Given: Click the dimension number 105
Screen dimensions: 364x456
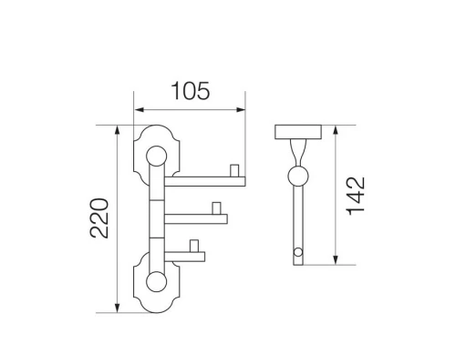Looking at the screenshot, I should point(191,92).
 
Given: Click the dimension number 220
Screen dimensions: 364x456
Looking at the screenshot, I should point(102,218).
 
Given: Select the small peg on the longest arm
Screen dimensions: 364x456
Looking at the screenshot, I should point(233,171).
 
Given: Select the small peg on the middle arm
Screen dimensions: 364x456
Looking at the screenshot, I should point(217,209).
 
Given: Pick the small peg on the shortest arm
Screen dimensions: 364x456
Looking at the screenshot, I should point(195,246).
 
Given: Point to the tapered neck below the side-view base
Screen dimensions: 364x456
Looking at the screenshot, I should point(297,153).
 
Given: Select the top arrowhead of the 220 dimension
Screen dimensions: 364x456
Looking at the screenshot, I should point(118,129).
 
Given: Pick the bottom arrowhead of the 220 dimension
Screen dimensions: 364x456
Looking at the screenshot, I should point(118,309).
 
